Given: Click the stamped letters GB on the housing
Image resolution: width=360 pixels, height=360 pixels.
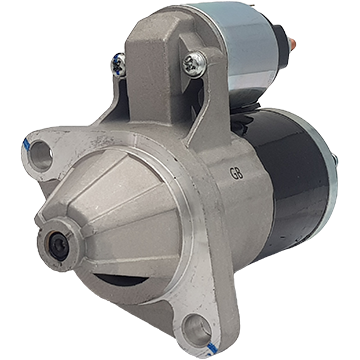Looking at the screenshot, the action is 236,173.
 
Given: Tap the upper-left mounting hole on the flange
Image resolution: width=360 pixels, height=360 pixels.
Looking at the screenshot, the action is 41,156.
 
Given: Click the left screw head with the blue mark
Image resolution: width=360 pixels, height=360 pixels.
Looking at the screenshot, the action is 119,64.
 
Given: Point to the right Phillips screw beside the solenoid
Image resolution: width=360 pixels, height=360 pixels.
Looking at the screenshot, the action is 194,64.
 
